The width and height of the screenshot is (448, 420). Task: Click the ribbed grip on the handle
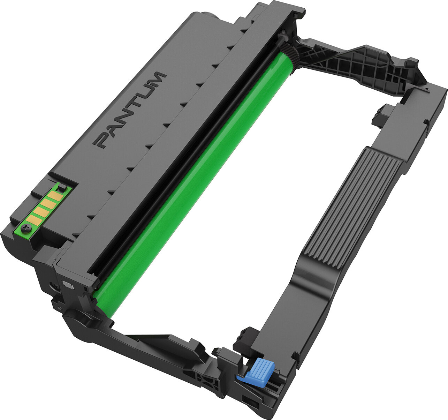click(352, 209)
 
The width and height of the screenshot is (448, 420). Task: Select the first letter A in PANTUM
click(112, 127)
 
